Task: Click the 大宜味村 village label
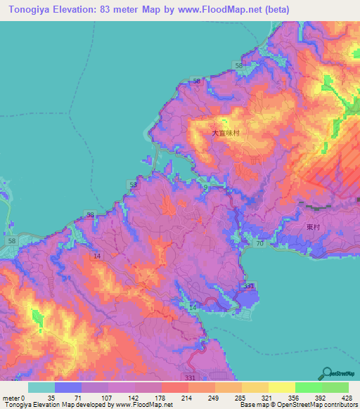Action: coord(226,132)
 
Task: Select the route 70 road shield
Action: coord(259,244)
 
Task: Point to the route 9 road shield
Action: coord(205,187)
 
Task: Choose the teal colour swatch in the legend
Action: coord(41,387)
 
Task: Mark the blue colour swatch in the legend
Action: coord(67,387)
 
